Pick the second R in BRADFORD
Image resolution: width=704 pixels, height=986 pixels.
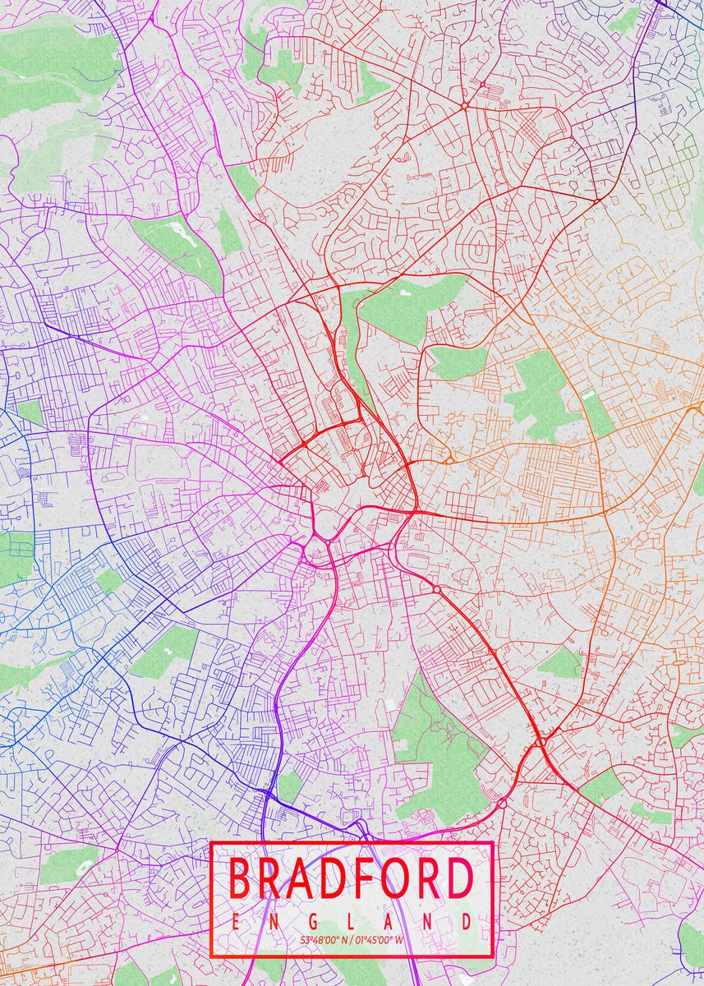(x=420, y=878)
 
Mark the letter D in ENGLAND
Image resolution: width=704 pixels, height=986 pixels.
(x=467, y=922)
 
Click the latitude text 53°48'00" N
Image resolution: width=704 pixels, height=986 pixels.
(x=323, y=939)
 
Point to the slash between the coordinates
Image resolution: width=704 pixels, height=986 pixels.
(x=352, y=939)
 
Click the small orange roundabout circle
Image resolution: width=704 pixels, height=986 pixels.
(x=449, y=460)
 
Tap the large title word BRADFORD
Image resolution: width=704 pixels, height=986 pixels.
(x=351, y=878)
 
